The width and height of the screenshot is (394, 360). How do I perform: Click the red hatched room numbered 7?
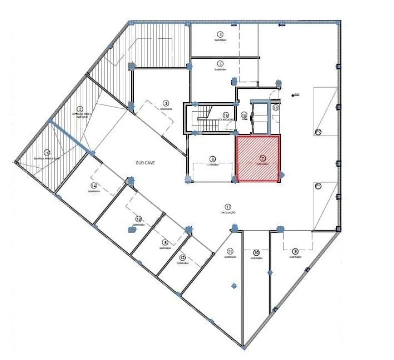point(258,159)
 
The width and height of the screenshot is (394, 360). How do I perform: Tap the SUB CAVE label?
point(145,163)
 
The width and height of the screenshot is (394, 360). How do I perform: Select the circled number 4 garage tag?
point(220,34)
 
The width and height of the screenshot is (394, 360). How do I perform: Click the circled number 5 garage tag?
point(220,63)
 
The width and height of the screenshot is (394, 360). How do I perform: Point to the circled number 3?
point(165,104)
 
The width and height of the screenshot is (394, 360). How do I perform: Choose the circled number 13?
point(138,219)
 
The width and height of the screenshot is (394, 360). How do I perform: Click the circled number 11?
point(230,251)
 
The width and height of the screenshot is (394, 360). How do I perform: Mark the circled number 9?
point(295,251)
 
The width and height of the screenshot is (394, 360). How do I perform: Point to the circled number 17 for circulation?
point(228,207)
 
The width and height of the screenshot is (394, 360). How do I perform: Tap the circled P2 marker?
point(318,132)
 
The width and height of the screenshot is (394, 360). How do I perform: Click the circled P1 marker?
point(318,186)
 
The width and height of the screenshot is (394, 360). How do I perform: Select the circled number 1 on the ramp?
point(47,153)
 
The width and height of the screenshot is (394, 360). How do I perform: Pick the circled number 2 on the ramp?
point(80,109)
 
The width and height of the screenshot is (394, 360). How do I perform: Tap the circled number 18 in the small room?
point(275,107)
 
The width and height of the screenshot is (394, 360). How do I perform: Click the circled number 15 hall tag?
point(244,115)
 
